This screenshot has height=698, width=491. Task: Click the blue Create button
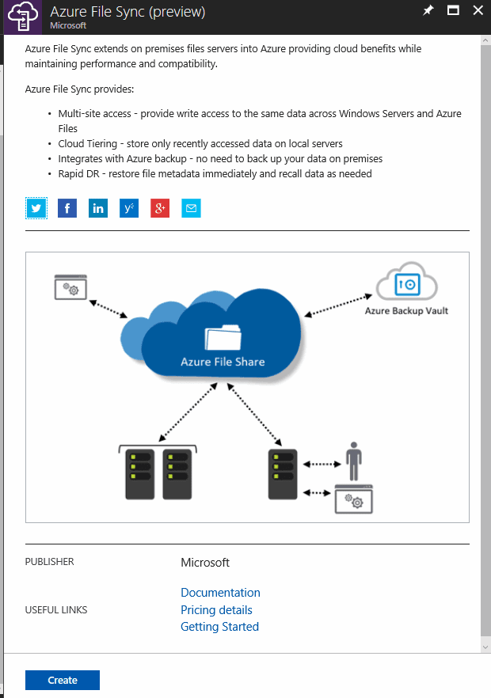click(x=63, y=681)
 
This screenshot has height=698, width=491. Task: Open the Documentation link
click(x=220, y=593)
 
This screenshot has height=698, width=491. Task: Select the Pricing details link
click(x=216, y=610)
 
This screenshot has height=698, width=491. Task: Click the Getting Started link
click(x=219, y=627)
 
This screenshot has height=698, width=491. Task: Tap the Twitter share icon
click(x=36, y=209)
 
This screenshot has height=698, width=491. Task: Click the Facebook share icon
click(x=67, y=209)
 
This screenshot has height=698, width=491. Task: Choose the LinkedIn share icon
click(x=98, y=209)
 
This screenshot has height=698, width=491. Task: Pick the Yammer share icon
click(x=129, y=209)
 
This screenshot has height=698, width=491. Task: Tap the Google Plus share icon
click(x=160, y=209)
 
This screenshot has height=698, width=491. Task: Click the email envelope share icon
click(x=191, y=209)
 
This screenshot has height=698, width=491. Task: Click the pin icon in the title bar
click(x=428, y=10)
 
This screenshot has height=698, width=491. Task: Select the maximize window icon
click(x=453, y=10)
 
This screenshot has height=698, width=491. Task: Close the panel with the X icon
click(x=478, y=10)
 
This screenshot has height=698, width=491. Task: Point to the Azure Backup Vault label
click(x=406, y=311)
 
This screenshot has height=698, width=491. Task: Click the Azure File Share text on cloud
click(x=223, y=362)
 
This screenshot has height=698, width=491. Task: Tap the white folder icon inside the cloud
click(x=223, y=337)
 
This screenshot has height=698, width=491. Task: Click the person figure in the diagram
click(x=354, y=460)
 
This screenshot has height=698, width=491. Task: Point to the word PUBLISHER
click(x=49, y=562)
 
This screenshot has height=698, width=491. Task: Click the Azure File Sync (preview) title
click(x=128, y=11)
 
